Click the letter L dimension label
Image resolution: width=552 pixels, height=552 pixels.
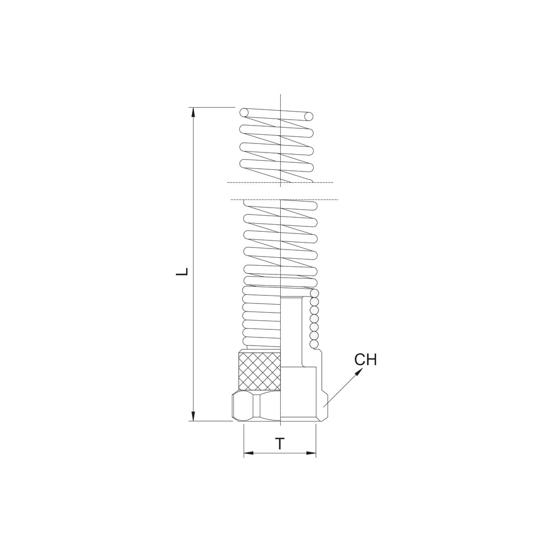pos(182,272)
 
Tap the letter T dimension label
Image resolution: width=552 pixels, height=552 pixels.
pos(280,444)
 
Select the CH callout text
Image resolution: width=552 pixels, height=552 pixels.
pos(365,360)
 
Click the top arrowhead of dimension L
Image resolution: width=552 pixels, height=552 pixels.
pos(193,112)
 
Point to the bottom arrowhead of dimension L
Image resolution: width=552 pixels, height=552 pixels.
pos(193,416)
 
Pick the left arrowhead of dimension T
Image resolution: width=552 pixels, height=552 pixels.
pos(249,453)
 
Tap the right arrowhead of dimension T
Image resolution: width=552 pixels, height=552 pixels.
pos(311,453)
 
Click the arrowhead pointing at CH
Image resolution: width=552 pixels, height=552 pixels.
pos(359,372)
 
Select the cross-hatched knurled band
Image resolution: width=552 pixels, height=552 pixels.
pos(259,371)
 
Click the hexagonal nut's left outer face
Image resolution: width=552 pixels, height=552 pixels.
pos(237,406)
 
